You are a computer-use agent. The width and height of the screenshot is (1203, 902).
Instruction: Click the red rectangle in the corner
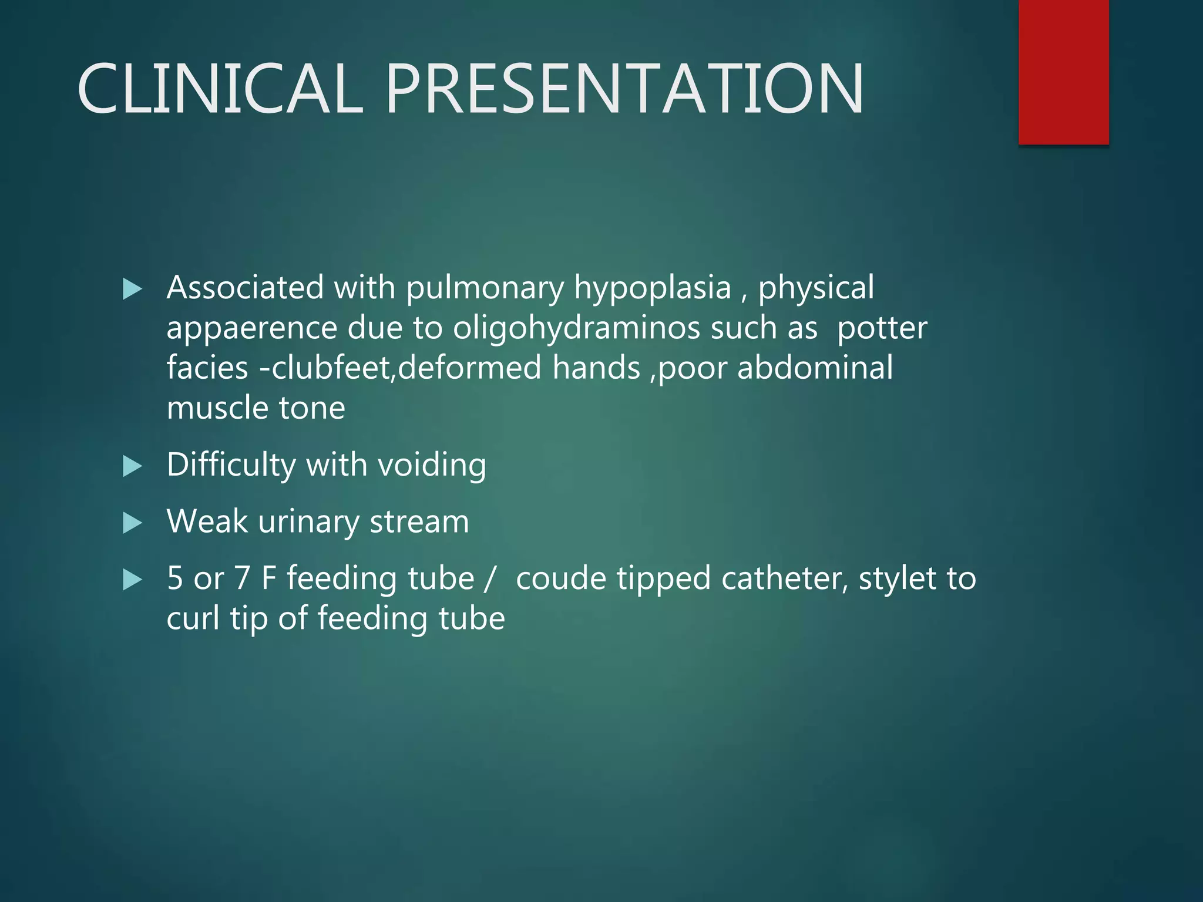[x=1063, y=72]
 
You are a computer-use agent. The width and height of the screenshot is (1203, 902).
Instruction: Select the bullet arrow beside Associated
[x=133, y=289]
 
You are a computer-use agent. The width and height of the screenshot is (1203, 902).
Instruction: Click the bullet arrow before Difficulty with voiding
[x=133, y=467]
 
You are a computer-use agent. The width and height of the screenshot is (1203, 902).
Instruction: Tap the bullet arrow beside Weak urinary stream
[x=133, y=523]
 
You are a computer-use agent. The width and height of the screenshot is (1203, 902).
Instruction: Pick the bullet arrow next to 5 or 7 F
[x=133, y=580]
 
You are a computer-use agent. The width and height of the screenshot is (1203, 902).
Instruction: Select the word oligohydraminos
[x=576, y=328]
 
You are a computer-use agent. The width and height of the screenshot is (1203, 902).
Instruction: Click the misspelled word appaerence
[x=251, y=328]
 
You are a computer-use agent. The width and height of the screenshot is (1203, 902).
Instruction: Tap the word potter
[x=882, y=328]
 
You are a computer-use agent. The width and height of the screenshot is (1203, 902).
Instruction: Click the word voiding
[x=432, y=465]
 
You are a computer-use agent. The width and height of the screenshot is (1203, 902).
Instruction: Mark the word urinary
[x=308, y=522]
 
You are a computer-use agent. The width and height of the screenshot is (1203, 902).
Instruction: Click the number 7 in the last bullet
[x=242, y=578]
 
